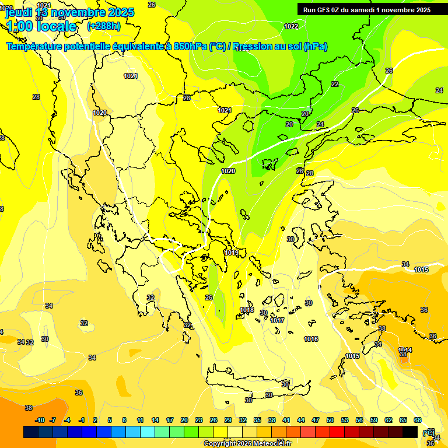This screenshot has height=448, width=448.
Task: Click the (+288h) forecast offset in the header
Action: point(104,26)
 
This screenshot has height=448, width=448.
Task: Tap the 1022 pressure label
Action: point(291,26)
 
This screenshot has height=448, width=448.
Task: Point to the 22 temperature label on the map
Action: point(334,84)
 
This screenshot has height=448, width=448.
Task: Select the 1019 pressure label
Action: point(231,253)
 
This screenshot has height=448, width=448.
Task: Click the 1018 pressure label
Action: point(247,310)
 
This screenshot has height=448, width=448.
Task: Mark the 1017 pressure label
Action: point(277,320)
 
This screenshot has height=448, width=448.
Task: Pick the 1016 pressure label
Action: point(311,339)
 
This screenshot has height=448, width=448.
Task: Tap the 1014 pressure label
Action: point(405,350)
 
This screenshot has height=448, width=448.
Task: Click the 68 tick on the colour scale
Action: point(418,420)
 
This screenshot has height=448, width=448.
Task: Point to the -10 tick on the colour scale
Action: point(40,420)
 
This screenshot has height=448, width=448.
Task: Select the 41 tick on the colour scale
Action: point(286,420)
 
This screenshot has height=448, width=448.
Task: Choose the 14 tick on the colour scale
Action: point(155,420)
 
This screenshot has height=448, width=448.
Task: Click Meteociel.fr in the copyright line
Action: point(269,444)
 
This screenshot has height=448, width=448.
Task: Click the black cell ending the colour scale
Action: point(410,432)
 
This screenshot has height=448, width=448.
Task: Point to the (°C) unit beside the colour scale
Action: point(429,432)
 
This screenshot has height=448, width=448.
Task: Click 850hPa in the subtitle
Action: point(190,47)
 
